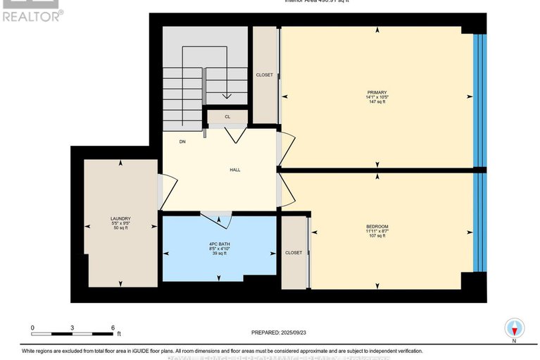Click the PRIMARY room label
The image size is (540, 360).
(x=377, y=92)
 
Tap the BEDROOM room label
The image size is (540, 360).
(x=377, y=225)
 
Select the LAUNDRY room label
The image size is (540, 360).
(x=120, y=218)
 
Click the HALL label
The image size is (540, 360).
(x=235, y=170)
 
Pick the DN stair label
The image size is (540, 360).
(x=182, y=142)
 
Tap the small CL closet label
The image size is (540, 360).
(x=227, y=117)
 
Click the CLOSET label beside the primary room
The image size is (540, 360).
(x=265, y=75)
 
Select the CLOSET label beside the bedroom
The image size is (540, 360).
(x=294, y=252)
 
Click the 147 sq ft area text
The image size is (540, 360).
(x=377, y=102)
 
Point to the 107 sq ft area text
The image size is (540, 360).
(x=377, y=236)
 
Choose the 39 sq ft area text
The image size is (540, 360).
(x=220, y=254)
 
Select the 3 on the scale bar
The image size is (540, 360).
(x=73, y=328)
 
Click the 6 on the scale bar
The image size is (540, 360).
(x=113, y=328)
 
